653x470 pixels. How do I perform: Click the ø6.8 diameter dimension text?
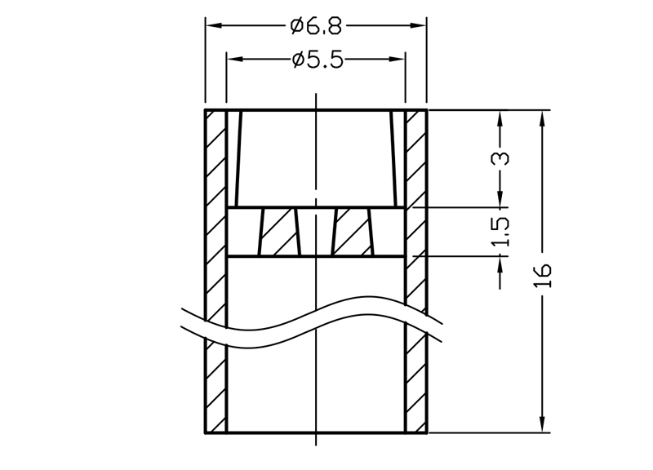coord(316,26)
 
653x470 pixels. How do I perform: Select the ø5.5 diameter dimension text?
coord(318,60)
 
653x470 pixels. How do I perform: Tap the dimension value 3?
coord(502,158)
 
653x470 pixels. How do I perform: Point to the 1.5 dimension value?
coord(501,232)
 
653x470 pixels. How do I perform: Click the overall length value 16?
coord(543,275)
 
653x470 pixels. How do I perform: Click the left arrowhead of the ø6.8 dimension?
coord(214,25)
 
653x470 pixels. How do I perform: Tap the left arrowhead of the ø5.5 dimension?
coord(235,59)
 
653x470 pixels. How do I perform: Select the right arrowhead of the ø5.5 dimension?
coord(397,59)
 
